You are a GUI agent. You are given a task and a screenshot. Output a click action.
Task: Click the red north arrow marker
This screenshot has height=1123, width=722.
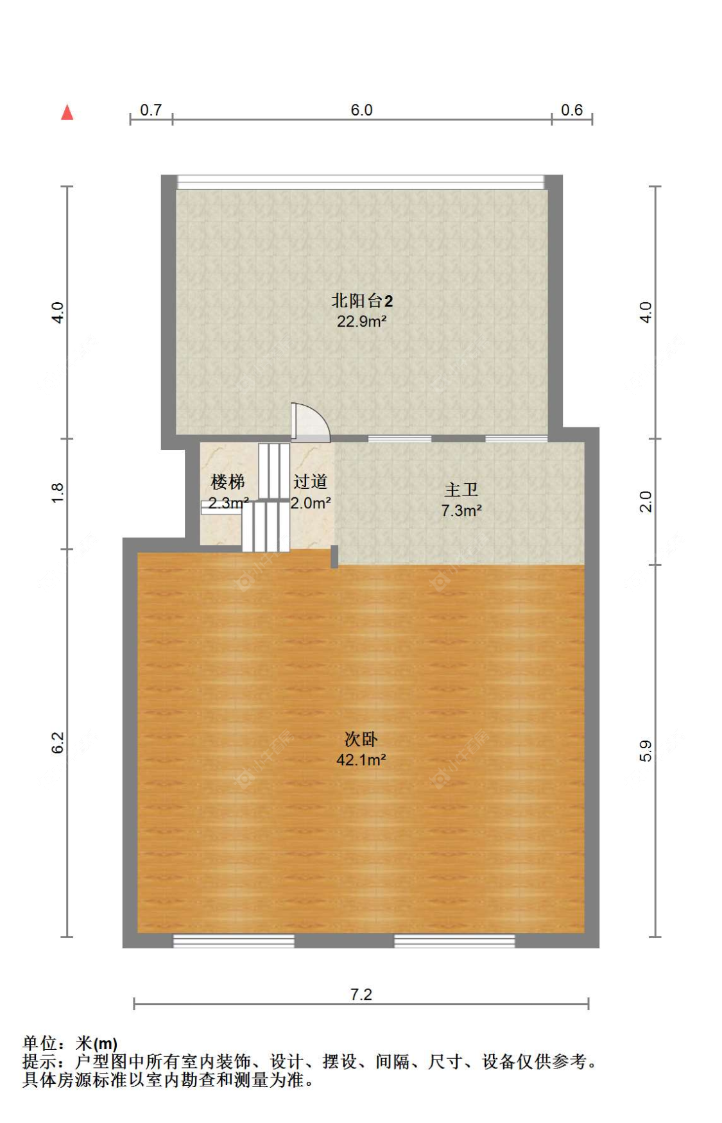pos(67,112)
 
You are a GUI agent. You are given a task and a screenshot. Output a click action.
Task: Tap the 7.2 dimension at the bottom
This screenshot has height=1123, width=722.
pos(361,994)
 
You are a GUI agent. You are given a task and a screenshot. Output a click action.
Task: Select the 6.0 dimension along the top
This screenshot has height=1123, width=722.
pos(361,110)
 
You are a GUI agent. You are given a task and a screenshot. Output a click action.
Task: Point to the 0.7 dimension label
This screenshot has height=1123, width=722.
pos(151,110)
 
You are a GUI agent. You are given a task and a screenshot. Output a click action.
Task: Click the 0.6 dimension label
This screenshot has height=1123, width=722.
pos(571,110)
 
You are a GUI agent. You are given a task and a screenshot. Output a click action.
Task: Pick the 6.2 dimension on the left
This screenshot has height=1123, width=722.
pos(58,742)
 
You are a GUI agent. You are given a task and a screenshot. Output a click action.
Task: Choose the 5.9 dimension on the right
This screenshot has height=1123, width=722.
pos(646,751)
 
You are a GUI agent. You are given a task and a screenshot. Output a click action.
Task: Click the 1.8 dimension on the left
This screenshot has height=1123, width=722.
pos(58,492)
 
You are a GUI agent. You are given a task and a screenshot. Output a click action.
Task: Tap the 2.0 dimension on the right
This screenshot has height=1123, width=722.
pos(646,501)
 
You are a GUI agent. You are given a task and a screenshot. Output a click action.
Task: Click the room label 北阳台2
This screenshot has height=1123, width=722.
pos(361,300)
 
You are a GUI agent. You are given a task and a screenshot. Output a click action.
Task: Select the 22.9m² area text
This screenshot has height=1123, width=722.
pos(361,321)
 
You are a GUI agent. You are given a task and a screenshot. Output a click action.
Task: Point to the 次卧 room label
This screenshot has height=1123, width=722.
pos(361,739)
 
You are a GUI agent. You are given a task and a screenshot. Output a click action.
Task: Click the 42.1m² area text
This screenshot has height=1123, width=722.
pos(361,760)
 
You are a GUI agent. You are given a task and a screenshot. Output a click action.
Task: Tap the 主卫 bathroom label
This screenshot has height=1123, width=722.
pos(461,490)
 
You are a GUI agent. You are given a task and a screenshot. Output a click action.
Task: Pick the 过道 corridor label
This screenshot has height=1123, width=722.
pos(311,481)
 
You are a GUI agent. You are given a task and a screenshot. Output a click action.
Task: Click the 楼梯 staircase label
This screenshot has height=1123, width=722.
pos(227,481)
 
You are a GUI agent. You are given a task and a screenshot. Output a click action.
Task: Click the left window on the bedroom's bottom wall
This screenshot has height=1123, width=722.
pos(234,941)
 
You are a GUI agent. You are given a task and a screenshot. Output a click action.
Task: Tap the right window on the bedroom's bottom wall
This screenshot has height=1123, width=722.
pos(454,941)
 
